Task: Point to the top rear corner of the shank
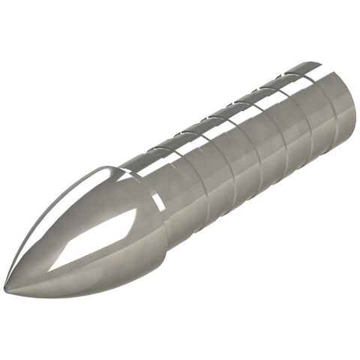coord(322,63)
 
